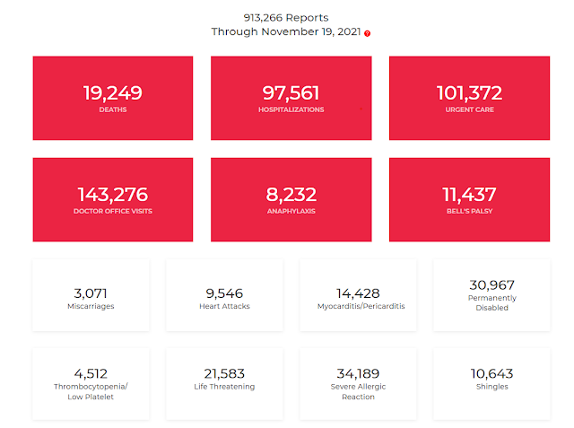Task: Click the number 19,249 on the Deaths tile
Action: [113, 92]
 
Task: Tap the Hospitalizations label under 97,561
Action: [291, 110]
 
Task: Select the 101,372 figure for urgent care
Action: [469, 92]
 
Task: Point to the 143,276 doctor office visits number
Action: [113, 194]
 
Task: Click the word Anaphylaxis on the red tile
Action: [291, 212]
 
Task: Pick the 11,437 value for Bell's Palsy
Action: [469, 194]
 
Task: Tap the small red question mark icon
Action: [368, 33]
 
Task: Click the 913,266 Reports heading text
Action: [287, 17]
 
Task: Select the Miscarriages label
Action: [91, 307]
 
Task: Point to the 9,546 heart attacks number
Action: [224, 293]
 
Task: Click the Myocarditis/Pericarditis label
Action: [358, 307]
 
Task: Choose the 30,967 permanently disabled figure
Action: [491, 284]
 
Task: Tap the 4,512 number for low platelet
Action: [91, 373]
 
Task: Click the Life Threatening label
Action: [224, 388]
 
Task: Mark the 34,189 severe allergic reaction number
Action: [358, 373]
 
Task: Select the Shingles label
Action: [491, 388]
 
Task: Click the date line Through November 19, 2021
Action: [285, 31]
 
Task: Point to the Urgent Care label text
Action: [469, 110]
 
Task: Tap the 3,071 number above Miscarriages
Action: [91, 293]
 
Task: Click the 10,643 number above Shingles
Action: [491, 373]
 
